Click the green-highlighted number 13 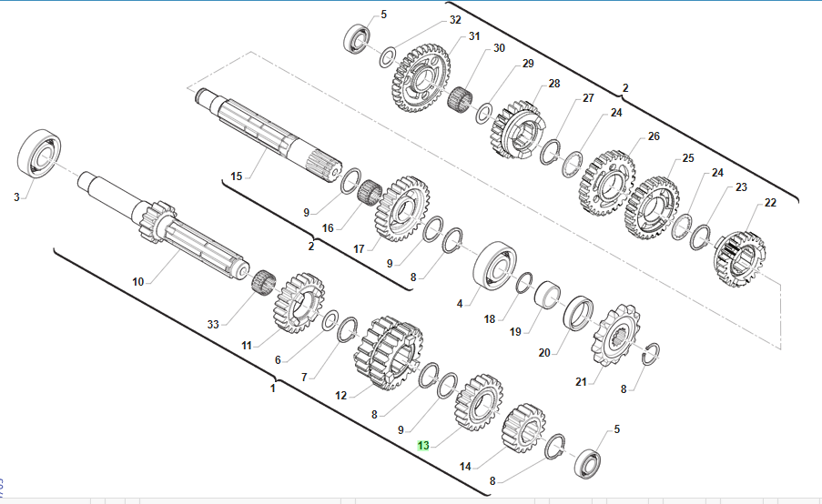click(x=423, y=446)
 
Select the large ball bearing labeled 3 click(x=39, y=154)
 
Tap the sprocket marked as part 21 click(x=614, y=334)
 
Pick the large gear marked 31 click(x=421, y=78)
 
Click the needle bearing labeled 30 click(x=461, y=99)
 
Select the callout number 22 click(x=770, y=203)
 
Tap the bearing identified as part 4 click(x=494, y=266)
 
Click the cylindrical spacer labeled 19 click(x=547, y=295)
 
